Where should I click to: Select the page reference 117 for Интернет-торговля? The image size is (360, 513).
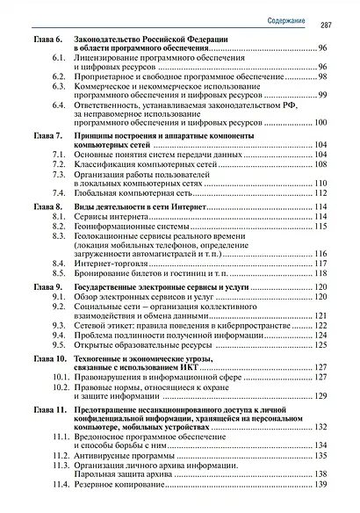(320, 263)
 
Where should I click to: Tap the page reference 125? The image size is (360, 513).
(320, 346)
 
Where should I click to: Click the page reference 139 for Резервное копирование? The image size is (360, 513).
(320, 485)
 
